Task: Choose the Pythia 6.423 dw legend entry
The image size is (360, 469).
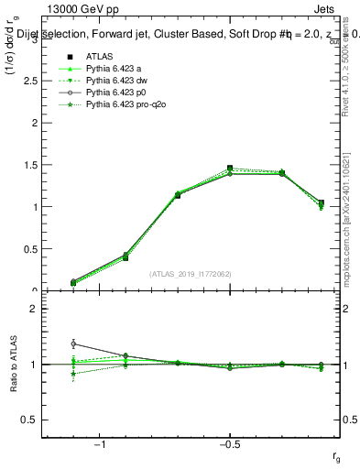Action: coord(119,81)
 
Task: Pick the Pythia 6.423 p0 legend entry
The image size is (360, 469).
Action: coord(119,93)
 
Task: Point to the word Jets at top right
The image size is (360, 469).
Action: coord(335,7)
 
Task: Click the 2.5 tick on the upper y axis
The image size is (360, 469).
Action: coord(34,81)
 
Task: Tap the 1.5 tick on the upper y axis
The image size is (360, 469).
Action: coord(34,165)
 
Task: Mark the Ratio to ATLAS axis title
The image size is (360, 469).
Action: coord(12,365)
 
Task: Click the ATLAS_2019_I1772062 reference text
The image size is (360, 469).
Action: coord(191,274)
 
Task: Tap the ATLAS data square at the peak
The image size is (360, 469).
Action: coord(230,169)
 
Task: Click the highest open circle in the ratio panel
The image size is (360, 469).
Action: coord(72,344)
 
